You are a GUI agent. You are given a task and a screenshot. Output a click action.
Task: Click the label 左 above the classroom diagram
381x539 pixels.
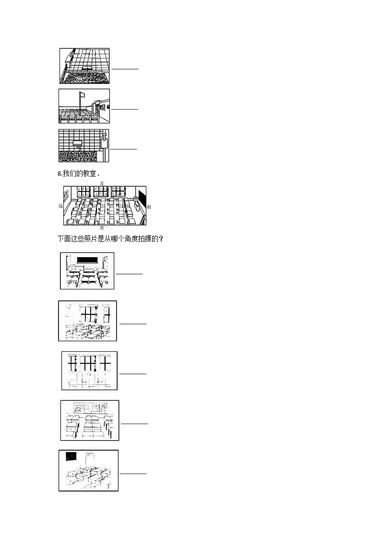(x=102, y=183)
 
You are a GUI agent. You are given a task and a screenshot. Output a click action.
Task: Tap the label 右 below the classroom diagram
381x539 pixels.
(x=102, y=228)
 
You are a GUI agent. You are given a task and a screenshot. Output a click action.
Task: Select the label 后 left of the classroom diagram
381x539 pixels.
(x=60, y=205)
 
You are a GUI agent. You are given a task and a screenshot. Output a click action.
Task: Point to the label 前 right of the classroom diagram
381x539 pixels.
(x=149, y=206)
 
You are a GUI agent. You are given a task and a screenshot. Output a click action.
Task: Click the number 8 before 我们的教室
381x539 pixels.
(x=59, y=174)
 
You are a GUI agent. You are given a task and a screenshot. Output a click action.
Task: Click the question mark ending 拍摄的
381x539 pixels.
(x=161, y=239)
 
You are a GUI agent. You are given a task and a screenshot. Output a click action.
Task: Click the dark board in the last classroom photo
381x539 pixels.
(x=71, y=455)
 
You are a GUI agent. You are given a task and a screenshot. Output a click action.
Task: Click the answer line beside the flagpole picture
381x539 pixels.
(x=125, y=109)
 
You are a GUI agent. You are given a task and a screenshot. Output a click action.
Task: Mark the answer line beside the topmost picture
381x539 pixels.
(x=125, y=69)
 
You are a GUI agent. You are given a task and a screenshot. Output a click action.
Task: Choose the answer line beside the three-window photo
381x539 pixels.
(x=133, y=373)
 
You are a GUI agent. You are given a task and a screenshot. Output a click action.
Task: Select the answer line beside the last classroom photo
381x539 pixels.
(x=133, y=474)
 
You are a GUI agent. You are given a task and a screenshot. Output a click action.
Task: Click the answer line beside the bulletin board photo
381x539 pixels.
(x=134, y=423)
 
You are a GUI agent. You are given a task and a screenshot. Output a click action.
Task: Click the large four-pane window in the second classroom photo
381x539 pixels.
(x=89, y=314)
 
